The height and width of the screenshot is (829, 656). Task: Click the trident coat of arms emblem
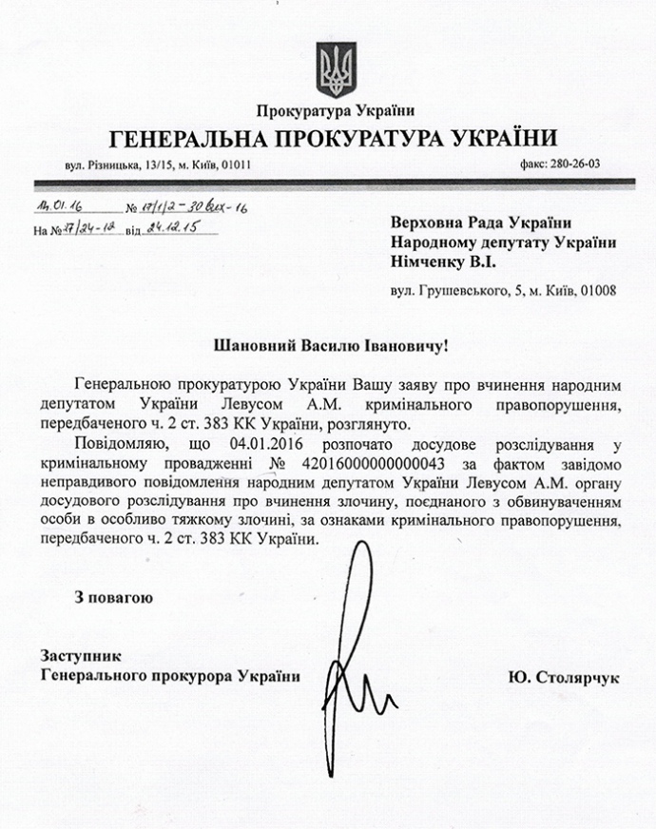click(334, 67)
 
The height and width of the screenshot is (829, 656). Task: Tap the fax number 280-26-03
click(572, 164)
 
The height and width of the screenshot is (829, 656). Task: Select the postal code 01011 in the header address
click(234, 164)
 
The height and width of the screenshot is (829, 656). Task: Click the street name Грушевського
click(455, 290)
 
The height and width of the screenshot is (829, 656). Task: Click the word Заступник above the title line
click(81, 657)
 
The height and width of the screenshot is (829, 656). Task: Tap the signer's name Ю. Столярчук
click(564, 677)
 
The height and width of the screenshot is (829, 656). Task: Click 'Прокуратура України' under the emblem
click(336, 112)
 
